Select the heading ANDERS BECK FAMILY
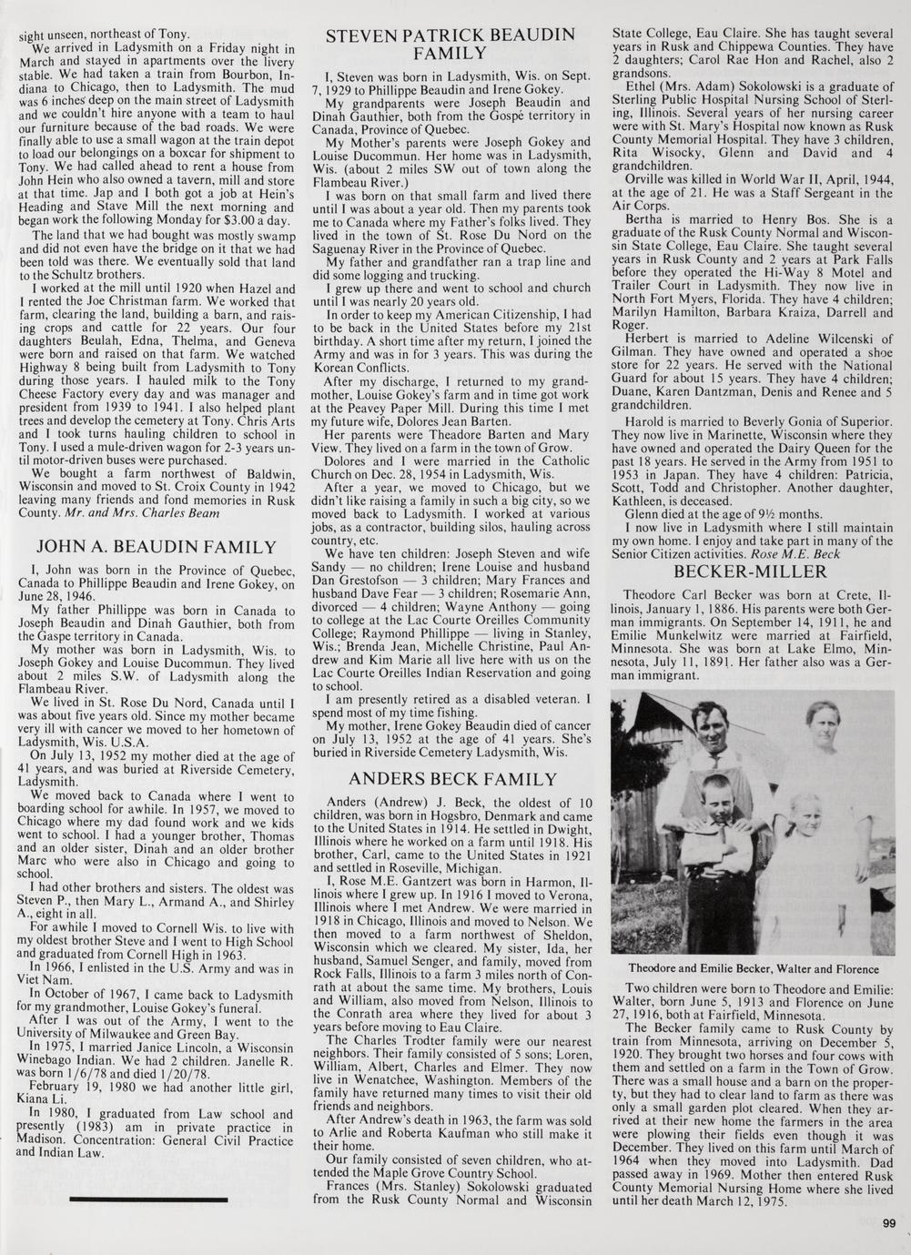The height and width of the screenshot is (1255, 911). click(452, 779)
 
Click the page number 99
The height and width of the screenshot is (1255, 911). click(889, 1222)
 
